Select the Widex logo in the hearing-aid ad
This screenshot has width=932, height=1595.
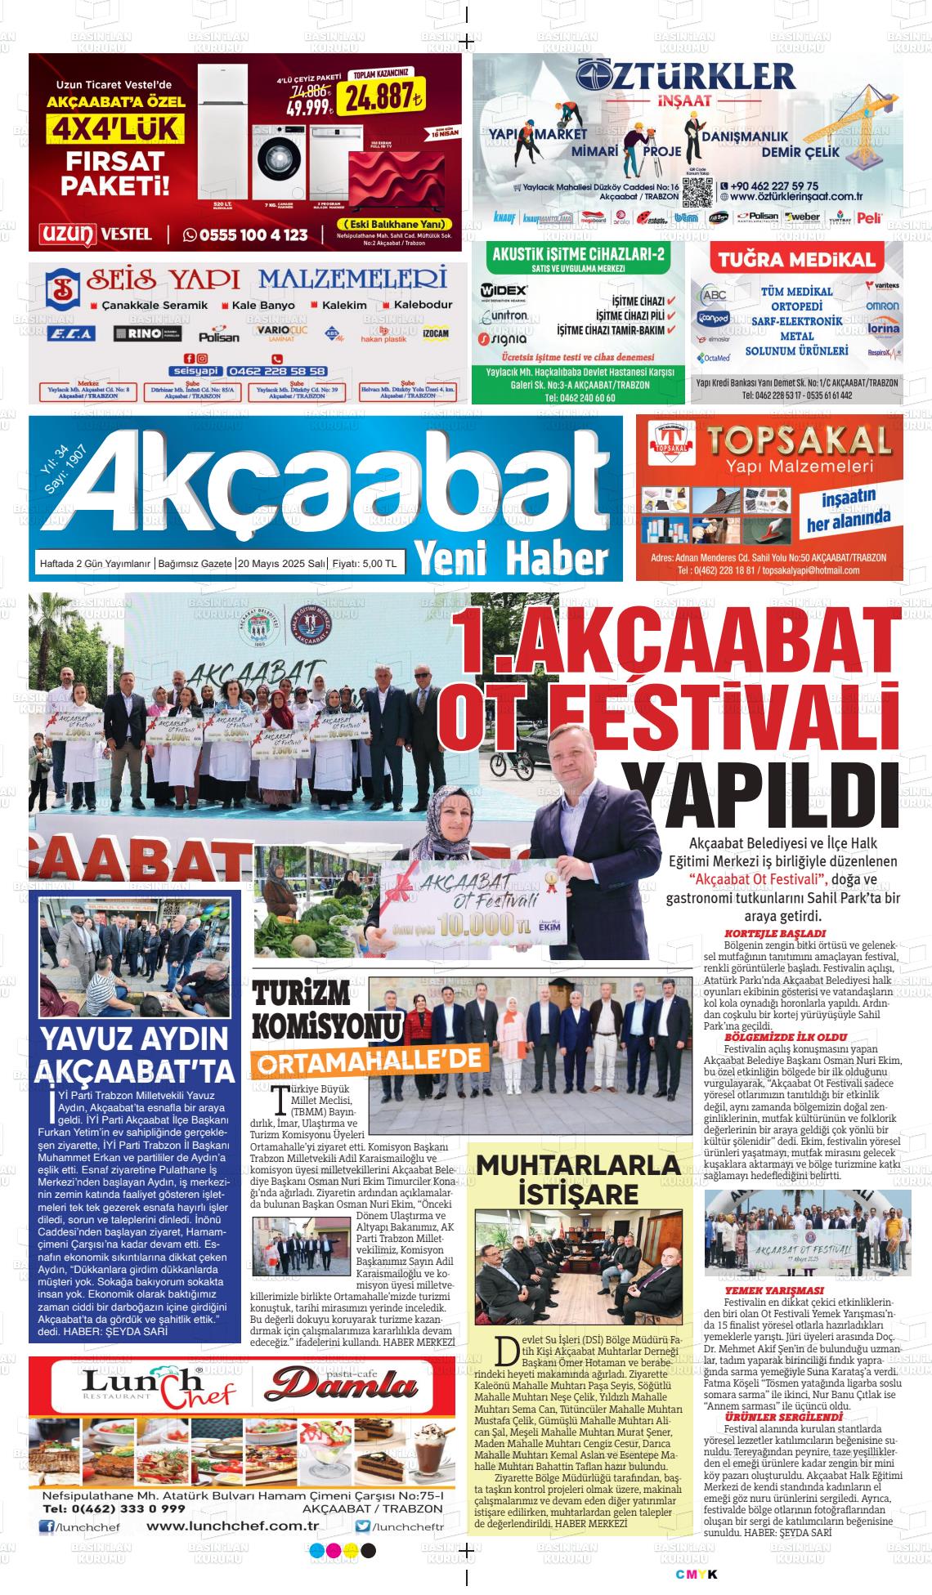[504, 290]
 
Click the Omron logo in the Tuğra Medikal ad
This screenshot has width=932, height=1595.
[883, 306]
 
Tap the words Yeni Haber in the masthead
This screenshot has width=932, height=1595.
[513, 559]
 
